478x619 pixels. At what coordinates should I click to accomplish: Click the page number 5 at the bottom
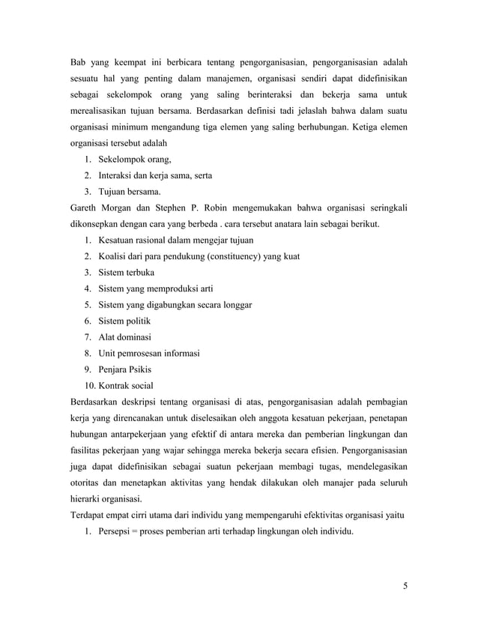click(405, 585)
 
